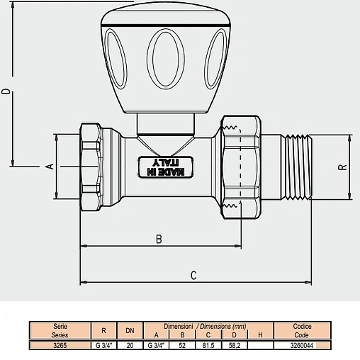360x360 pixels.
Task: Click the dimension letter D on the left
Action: (x=6, y=91)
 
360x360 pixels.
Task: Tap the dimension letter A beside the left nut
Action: (x=50, y=167)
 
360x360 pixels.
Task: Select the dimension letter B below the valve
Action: (x=159, y=239)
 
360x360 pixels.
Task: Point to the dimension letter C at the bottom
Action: (x=193, y=276)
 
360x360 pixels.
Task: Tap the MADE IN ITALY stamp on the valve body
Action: (x=165, y=167)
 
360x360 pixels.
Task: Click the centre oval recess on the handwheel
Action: (x=165, y=59)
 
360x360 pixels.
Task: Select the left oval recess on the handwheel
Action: (x=116, y=59)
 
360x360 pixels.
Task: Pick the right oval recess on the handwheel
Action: (x=215, y=59)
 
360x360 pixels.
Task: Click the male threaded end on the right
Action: (x=296, y=167)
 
